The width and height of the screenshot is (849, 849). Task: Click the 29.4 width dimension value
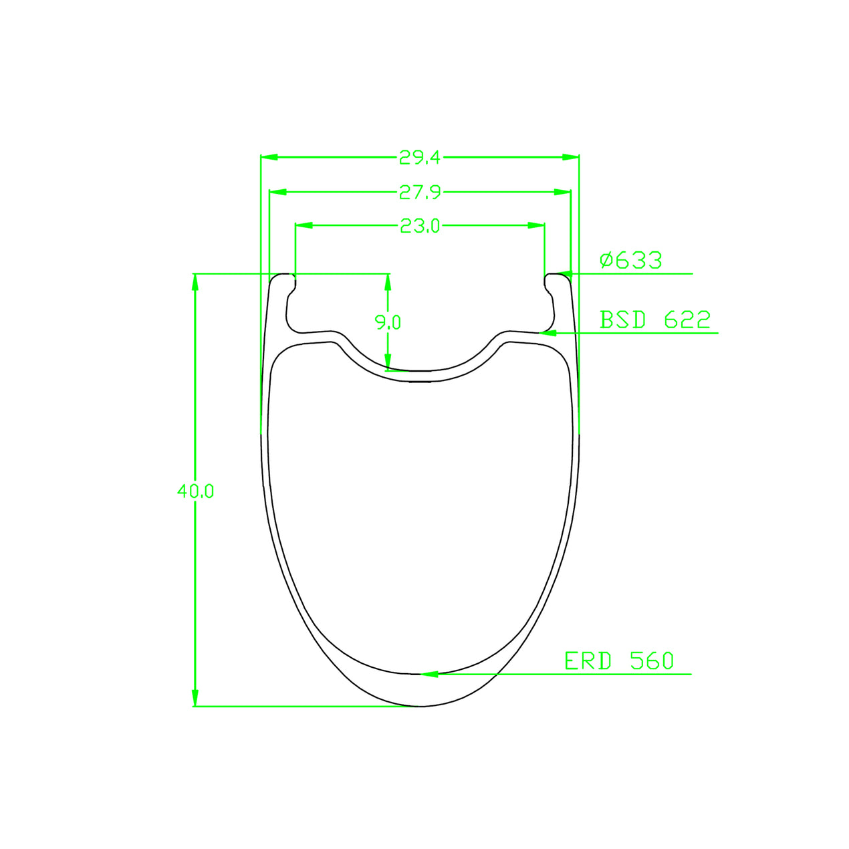tap(419, 157)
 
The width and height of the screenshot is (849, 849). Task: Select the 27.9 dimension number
tap(420, 193)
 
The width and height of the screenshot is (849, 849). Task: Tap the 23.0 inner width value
tap(420, 225)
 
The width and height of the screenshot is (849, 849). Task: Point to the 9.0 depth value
tap(388, 322)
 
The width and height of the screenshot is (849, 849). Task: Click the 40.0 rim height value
tap(196, 491)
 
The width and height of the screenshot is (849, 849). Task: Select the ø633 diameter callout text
tap(631, 261)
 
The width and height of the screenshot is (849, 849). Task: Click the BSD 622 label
tap(655, 320)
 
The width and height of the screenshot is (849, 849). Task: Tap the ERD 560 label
tap(619, 661)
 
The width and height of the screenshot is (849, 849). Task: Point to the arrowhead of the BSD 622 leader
tap(548, 333)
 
